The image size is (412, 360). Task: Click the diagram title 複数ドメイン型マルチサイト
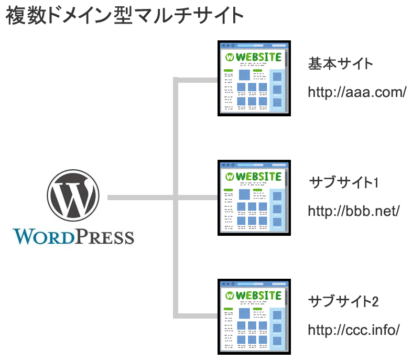click(x=125, y=16)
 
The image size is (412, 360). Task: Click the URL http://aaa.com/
click(x=357, y=92)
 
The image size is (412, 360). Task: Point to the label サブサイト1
click(x=343, y=183)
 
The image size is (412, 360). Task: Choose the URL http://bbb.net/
click(x=354, y=211)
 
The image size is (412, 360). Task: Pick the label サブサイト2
click(x=344, y=302)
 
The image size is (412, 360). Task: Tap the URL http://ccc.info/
click(x=354, y=330)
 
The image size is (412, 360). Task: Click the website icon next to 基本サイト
click(x=254, y=78)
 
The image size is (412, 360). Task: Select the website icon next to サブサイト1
click(x=254, y=197)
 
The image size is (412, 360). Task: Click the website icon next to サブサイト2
click(x=254, y=316)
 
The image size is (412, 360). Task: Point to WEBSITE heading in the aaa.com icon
click(x=258, y=57)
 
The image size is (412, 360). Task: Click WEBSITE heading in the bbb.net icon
click(x=258, y=176)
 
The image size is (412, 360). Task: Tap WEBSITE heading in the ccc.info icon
click(x=258, y=295)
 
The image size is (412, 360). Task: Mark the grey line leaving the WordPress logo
click(x=139, y=198)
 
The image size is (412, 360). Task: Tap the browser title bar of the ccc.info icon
click(x=254, y=283)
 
